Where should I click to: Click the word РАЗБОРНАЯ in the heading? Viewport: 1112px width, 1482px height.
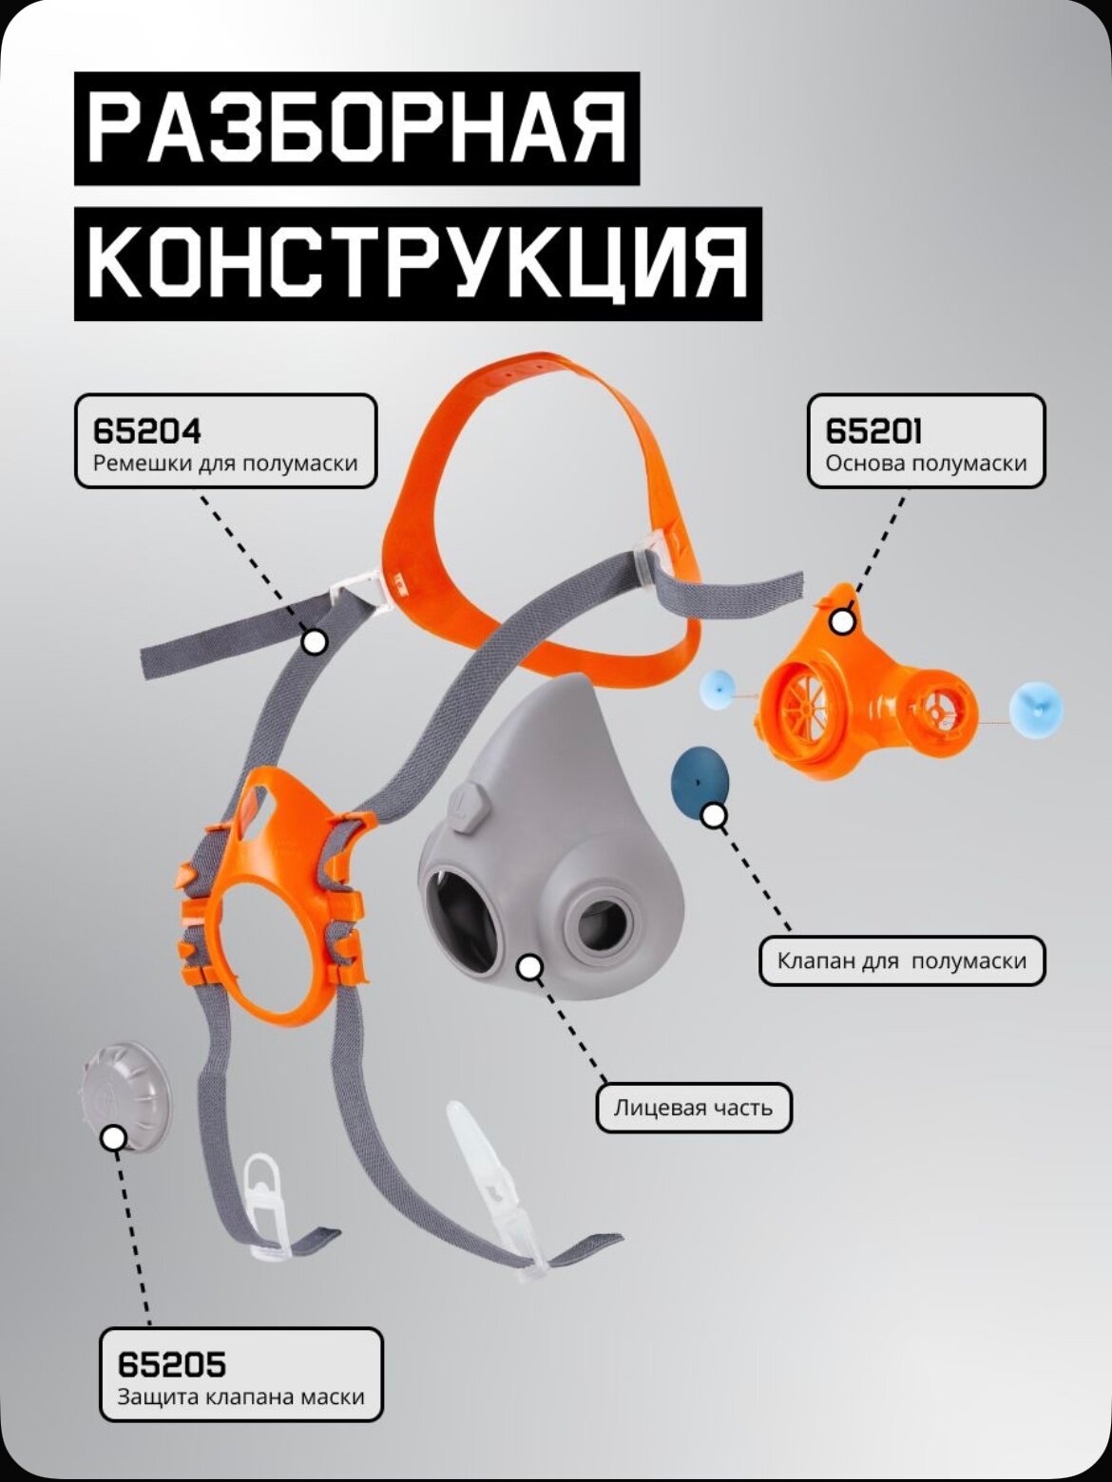coord(357,129)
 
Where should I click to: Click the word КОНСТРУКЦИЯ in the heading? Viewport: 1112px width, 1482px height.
coord(418,264)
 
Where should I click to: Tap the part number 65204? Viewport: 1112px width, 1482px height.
coord(147,431)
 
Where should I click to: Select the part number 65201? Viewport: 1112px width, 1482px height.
coord(873,431)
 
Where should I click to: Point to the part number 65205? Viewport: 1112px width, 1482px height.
coord(172,1365)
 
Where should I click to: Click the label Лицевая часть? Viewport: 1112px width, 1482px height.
coord(693,1108)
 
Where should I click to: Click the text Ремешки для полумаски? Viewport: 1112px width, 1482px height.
coord(225,464)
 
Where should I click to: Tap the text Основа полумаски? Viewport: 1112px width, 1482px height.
coord(926,464)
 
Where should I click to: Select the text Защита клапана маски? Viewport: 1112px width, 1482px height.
coord(240,1397)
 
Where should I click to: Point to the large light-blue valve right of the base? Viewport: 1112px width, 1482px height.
coord(1034,710)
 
